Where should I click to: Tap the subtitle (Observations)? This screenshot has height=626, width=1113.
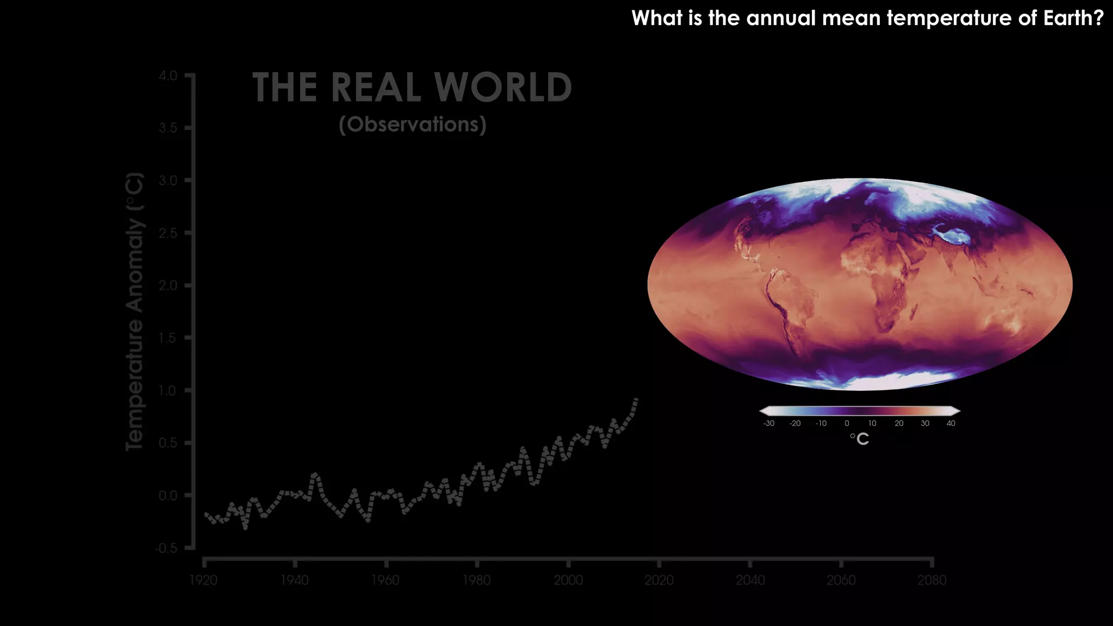pos(412,124)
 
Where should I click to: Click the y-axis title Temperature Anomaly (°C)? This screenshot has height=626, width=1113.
pos(134,311)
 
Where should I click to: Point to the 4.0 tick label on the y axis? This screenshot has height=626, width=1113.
pos(168,76)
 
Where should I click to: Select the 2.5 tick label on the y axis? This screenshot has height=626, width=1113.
pos(168,233)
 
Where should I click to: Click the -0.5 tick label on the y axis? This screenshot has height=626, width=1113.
pos(166,548)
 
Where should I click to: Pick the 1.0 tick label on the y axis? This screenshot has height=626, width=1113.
pos(168,391)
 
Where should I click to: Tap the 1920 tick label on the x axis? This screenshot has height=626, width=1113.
pos(203,580)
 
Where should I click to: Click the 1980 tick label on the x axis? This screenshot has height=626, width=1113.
pos(477,580)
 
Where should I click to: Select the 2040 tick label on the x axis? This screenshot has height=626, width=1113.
pos(750,580)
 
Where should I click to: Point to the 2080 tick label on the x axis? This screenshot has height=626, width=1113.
pos(932,580)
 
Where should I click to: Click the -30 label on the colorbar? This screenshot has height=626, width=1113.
pos(768,423)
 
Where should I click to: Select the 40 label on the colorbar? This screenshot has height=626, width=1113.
pos(951,423)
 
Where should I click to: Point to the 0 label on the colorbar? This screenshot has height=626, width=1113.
pos(847,423)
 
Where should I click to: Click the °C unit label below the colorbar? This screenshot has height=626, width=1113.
pos(860,439)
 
